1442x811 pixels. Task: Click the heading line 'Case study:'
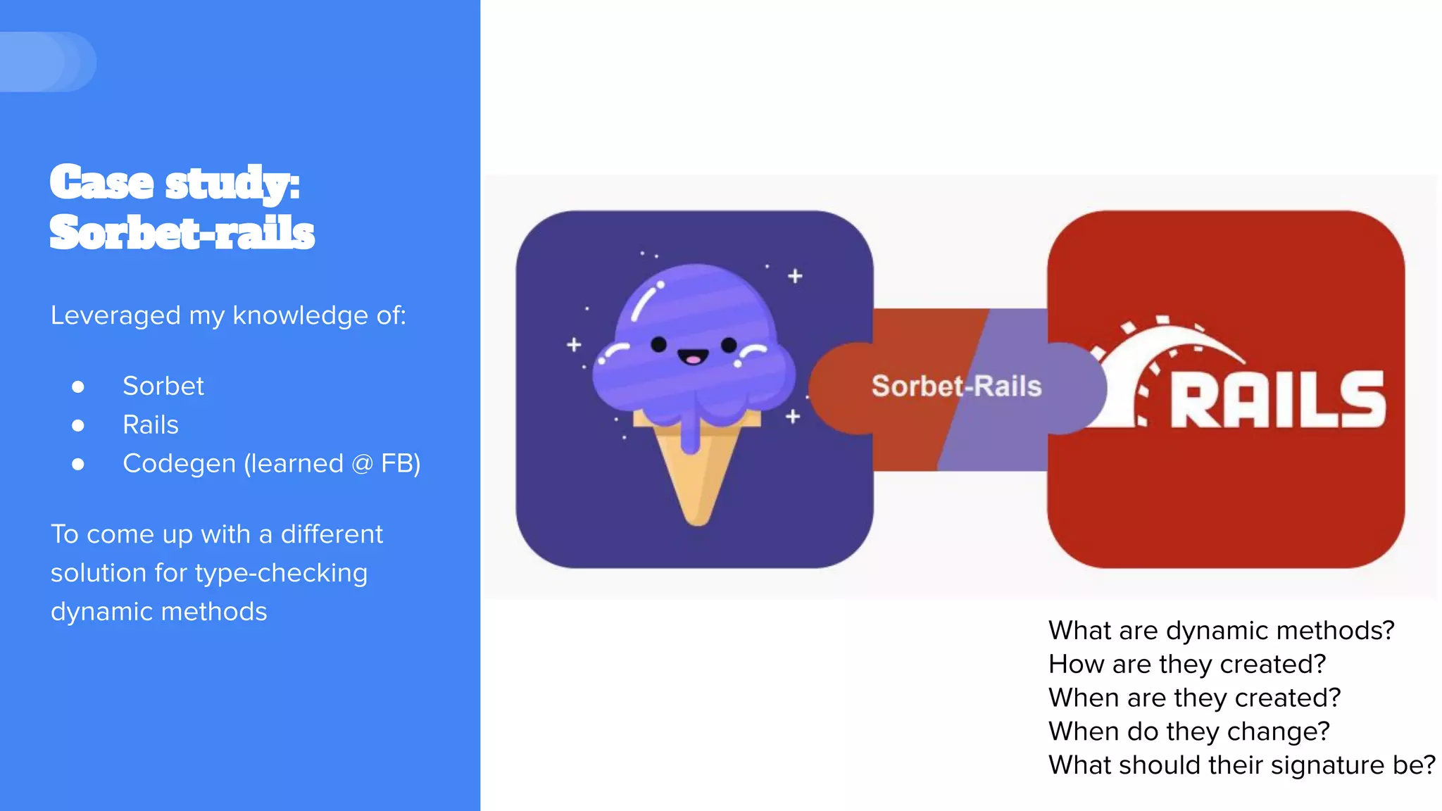tap(175, 183)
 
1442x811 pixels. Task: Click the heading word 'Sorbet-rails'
tap(182, 233)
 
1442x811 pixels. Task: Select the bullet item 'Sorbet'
tap(163, 386)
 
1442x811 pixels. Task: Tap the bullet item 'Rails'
tap(150, 425)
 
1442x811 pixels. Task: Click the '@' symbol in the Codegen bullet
tap(361, 464)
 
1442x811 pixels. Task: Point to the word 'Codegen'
tap(179, 464)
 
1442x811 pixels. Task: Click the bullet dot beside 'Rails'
tap(78, 425)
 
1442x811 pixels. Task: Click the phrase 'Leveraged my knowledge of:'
tap(228, 315)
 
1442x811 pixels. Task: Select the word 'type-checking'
tap(281, 573)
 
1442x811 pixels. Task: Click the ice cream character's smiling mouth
tap(693, 358)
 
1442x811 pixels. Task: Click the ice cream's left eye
tap(658, 344)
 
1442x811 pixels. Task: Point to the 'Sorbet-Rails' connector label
tap(956, 386)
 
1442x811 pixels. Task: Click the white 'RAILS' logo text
tap(1277, 400)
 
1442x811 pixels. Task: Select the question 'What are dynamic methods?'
tap(1221, 630)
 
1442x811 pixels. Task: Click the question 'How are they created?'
tap(1187, 664)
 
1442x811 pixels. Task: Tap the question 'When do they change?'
tap(1189, 731)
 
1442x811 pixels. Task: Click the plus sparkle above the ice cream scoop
tap(795, 276)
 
